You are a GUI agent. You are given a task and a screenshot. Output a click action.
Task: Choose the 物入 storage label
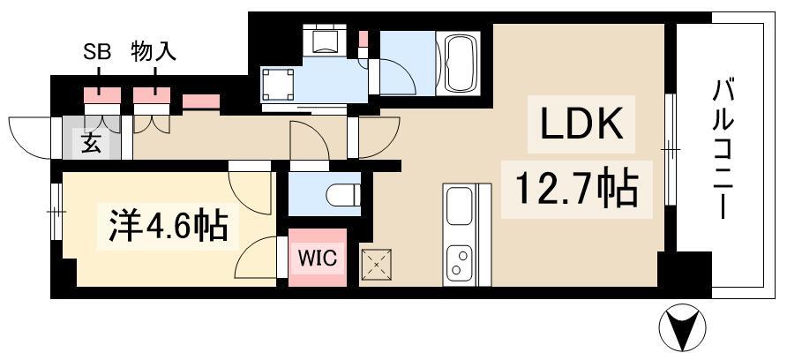click(154, 51)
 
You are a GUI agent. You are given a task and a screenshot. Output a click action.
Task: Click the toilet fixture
click(342, 192)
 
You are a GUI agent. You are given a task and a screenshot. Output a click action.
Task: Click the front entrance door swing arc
click(26, 132)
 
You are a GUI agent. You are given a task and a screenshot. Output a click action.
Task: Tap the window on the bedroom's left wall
click(56, 212)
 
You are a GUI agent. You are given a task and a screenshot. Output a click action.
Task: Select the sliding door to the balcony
click(670, 150)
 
